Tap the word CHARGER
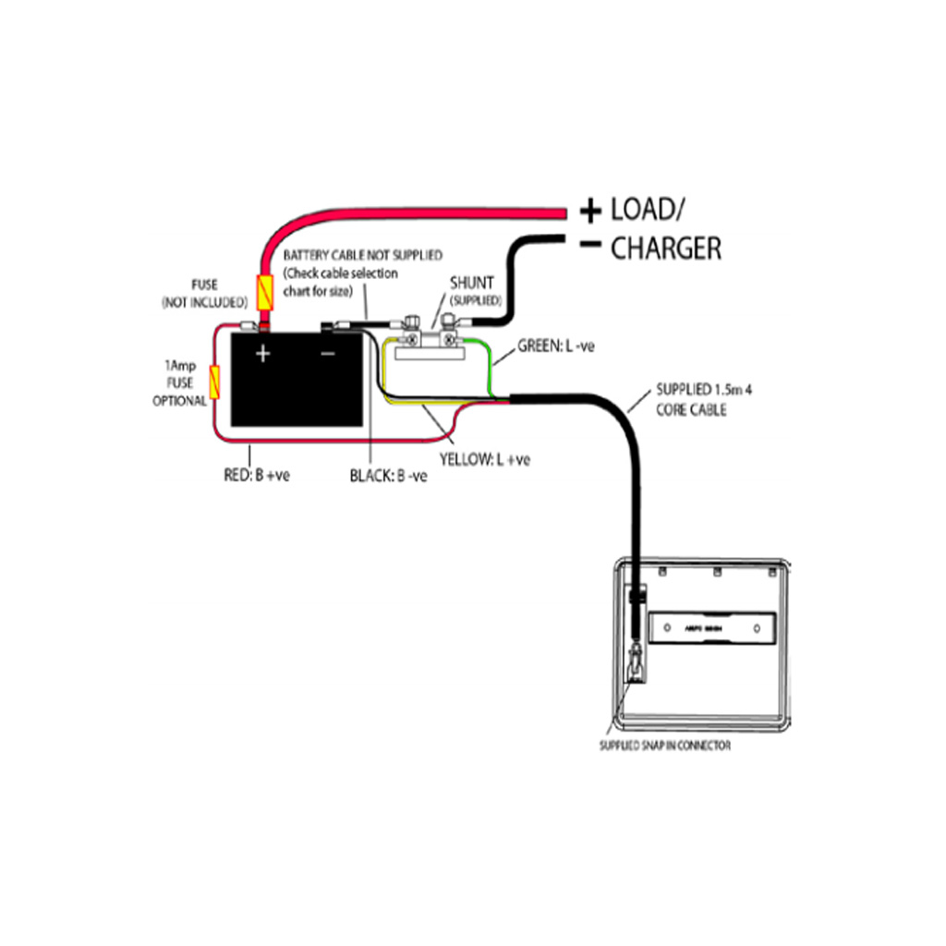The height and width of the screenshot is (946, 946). (666, 249)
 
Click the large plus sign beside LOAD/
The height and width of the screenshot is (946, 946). (589, 212)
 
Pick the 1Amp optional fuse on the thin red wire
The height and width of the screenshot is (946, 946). (215, 382)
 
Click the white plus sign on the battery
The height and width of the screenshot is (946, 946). (262, 353)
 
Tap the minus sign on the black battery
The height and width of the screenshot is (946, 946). (328, 353)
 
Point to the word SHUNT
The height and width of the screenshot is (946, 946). (472, 283)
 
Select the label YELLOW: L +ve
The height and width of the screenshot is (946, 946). (484, 459)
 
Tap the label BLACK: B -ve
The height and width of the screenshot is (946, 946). (388, 477)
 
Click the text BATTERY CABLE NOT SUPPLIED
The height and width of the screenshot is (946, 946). (363, 254)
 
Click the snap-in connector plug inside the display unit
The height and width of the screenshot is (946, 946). (636, 663)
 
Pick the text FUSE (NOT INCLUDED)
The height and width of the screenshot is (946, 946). (204, 294)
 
